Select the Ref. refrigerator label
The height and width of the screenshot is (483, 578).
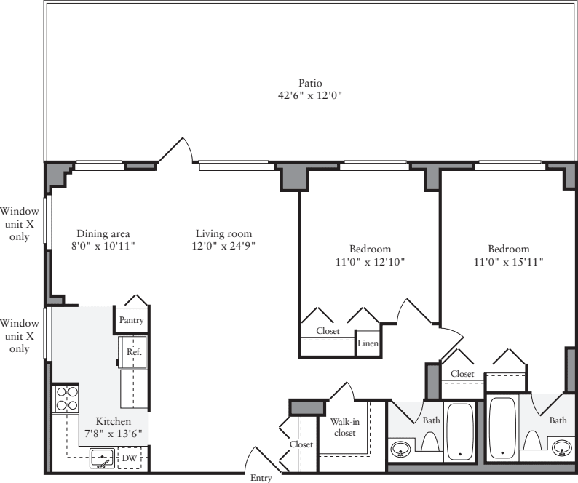point(133,351)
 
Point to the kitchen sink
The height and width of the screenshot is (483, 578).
point(103,458)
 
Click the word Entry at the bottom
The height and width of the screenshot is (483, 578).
point(261,478)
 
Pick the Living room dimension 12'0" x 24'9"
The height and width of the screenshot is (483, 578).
point(223,247)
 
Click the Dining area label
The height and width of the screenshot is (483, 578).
point(103,233)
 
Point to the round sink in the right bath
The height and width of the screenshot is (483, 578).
point(561,447)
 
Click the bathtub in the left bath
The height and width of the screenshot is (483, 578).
point(459,431)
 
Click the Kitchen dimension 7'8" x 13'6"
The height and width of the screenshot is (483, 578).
point(114,434)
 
